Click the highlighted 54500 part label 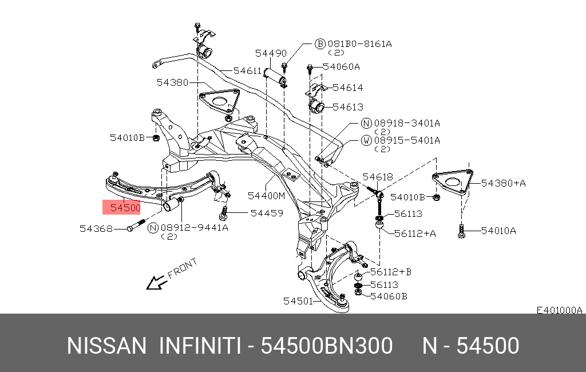point(125,208)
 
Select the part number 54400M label point(266,196)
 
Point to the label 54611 point(247,70)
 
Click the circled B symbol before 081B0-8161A point(320,44)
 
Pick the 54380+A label point(503,183)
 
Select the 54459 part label point(267,213)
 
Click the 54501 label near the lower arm point(298,301)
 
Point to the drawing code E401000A point(559,310)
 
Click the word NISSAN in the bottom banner point(107,346)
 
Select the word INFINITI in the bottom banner point(200,346)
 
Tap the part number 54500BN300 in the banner point(327,346)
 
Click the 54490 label point(271,53)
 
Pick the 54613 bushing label point(347,107)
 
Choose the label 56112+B point(391,272)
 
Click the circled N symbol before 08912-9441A point(153,228)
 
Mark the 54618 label point(378,177)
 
